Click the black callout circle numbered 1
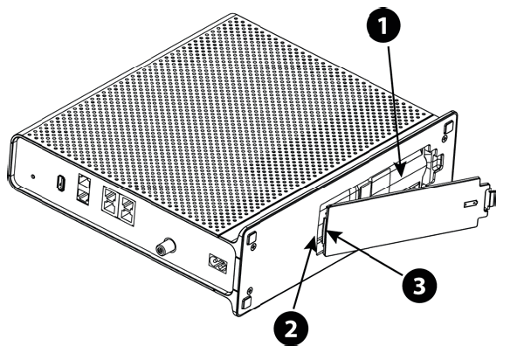[x=383, y=26]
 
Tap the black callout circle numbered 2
[x=291, y=329]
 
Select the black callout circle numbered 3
[x=419, y=285]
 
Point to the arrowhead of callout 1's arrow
[x=400, y=170]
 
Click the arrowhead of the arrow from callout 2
[x=309, y=243]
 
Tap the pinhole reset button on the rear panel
[x=32, y=177]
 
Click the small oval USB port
[x=60, y=183]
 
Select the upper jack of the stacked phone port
[x=84, y=183]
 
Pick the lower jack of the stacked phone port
[x=84, y=196]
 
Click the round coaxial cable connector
[x=166, y=247]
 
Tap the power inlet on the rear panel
[x=218, y=264]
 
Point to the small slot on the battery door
[x=471, y=204]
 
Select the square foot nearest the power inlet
[x=252, y=238]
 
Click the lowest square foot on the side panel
[x=246, y=302]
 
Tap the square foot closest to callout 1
[x=448, y=128]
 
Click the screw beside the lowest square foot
[x=250, y=290]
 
